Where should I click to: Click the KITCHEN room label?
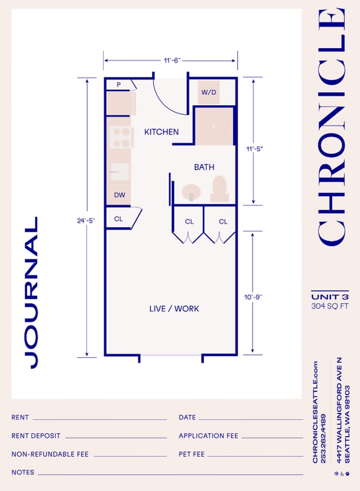coord(161,132)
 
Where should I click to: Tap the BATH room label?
coord(204,167)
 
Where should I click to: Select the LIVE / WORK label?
coord(174,308)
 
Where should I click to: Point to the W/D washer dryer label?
coord(209,92)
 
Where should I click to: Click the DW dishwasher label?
coord(119,195)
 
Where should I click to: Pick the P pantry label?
coord(119,85)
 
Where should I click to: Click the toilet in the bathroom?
coord(219,188)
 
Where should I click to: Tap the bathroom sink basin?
coord(192,192)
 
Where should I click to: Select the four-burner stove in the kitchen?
coord(121,137)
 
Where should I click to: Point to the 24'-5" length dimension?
coord(86,220)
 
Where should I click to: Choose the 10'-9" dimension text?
coord(253,297)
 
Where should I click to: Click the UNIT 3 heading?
coord(330,296)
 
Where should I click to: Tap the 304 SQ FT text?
coord(330,305)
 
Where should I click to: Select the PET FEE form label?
coord(192,454)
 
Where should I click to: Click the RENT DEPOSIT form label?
coord(36,436)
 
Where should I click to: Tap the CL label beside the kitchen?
coord(118,219)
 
